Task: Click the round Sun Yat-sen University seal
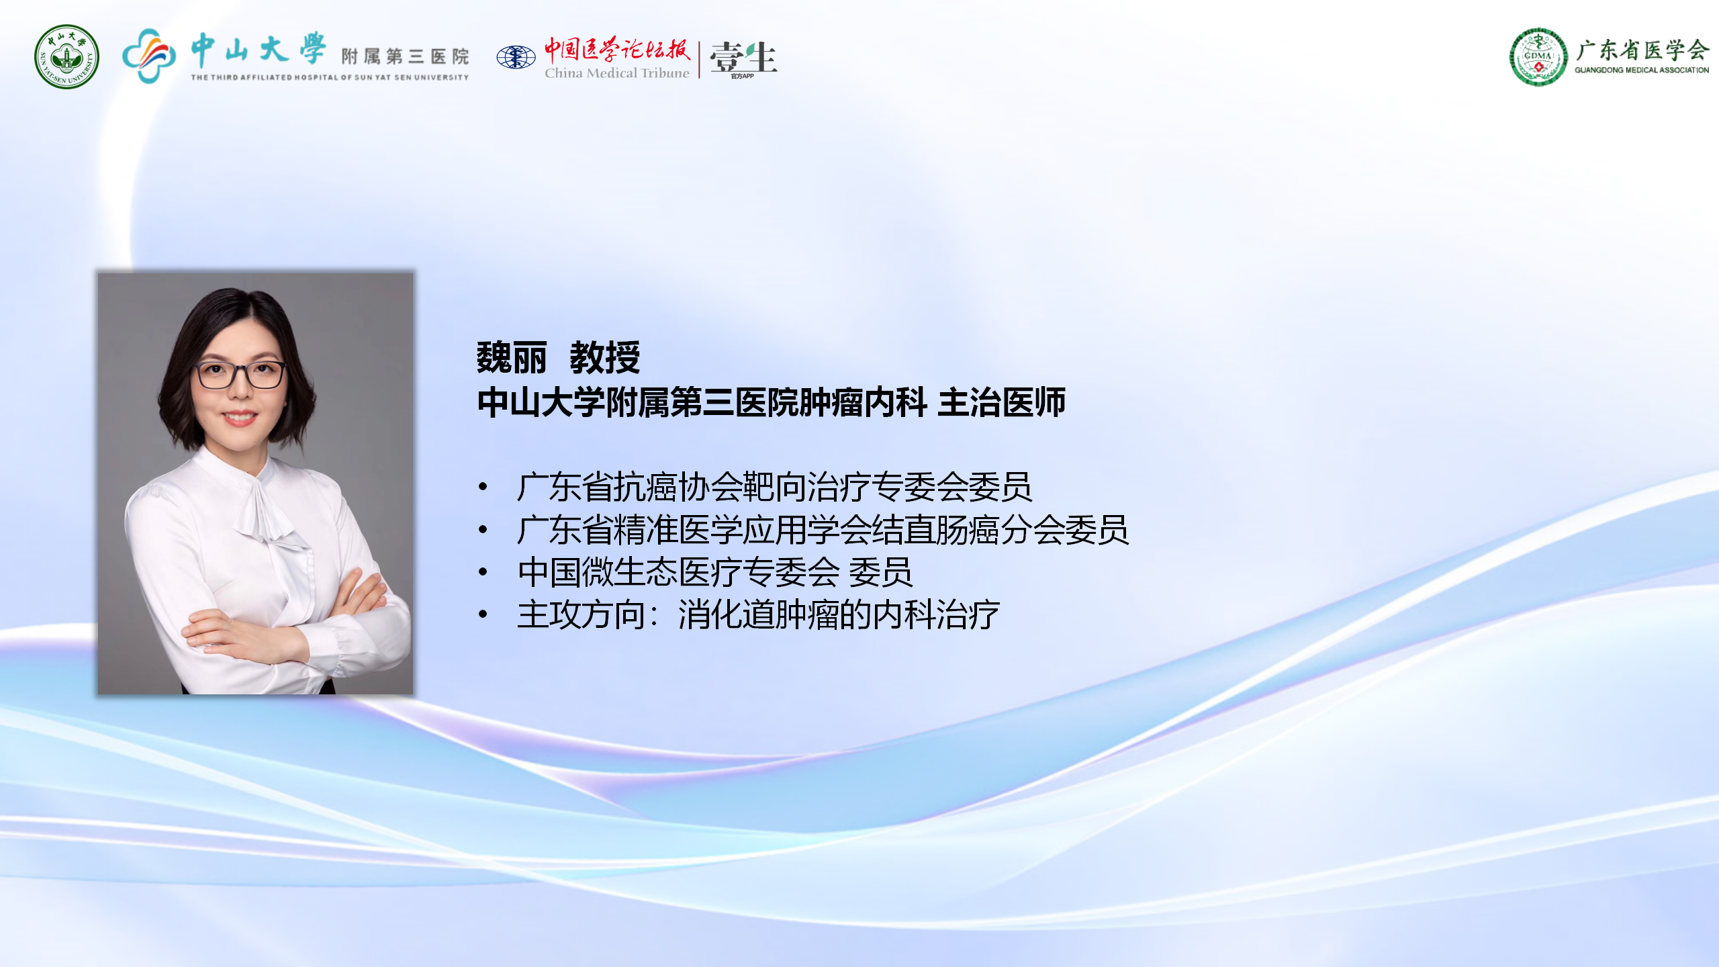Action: pos(66,57)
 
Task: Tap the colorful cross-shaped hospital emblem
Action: pos(149,56)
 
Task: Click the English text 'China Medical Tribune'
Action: pos(616,73)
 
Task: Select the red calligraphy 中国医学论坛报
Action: pos(616,49)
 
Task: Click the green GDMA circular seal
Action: pos(1538,56)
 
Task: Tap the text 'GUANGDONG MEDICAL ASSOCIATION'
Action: pos(1642,70)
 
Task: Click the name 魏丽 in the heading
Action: pos(512,357)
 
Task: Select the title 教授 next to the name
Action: pos(605,357)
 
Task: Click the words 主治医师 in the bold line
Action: pos(1001,402)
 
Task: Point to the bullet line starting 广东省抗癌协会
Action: pos(774,487)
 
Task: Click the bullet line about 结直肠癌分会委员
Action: pos(823,530)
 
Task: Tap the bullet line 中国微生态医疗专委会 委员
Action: pos(714,572)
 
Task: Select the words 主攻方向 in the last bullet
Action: pos(581,614)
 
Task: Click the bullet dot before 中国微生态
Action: pos(483,572)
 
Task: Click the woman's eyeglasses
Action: pos(240,375)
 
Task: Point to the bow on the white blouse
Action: pos(269,510)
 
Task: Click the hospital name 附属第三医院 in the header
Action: pos(405,56)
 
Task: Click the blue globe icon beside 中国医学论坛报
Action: pos(516,57)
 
